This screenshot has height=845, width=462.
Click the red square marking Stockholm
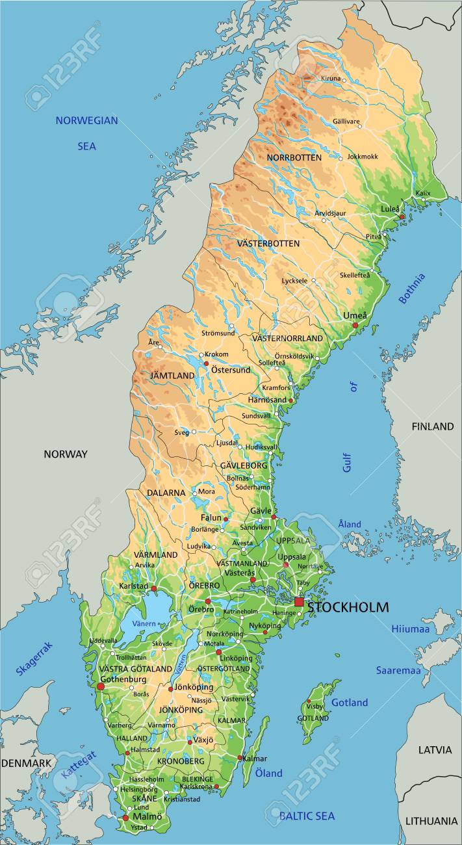coord(299,602)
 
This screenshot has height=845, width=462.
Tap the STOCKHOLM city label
coord(348,608)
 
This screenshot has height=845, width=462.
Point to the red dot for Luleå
coord(402,216)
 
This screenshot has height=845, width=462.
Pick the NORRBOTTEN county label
coord(294,158)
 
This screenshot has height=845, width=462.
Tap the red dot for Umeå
coord(355,325)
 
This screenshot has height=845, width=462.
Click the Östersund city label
coord(230,370)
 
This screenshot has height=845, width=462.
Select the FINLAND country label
coord(432,426)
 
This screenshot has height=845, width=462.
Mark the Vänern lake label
coord(144,623)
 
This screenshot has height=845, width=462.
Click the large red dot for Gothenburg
coord(100,686)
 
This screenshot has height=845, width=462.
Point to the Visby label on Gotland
coord(314,706)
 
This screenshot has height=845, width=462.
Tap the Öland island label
coord(268,773)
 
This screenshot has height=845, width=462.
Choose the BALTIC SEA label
coord(307,815)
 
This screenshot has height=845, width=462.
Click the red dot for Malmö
coord(125,818)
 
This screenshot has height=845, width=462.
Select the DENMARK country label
coord(26,762)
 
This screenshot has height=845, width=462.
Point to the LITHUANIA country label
coord(431,821)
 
